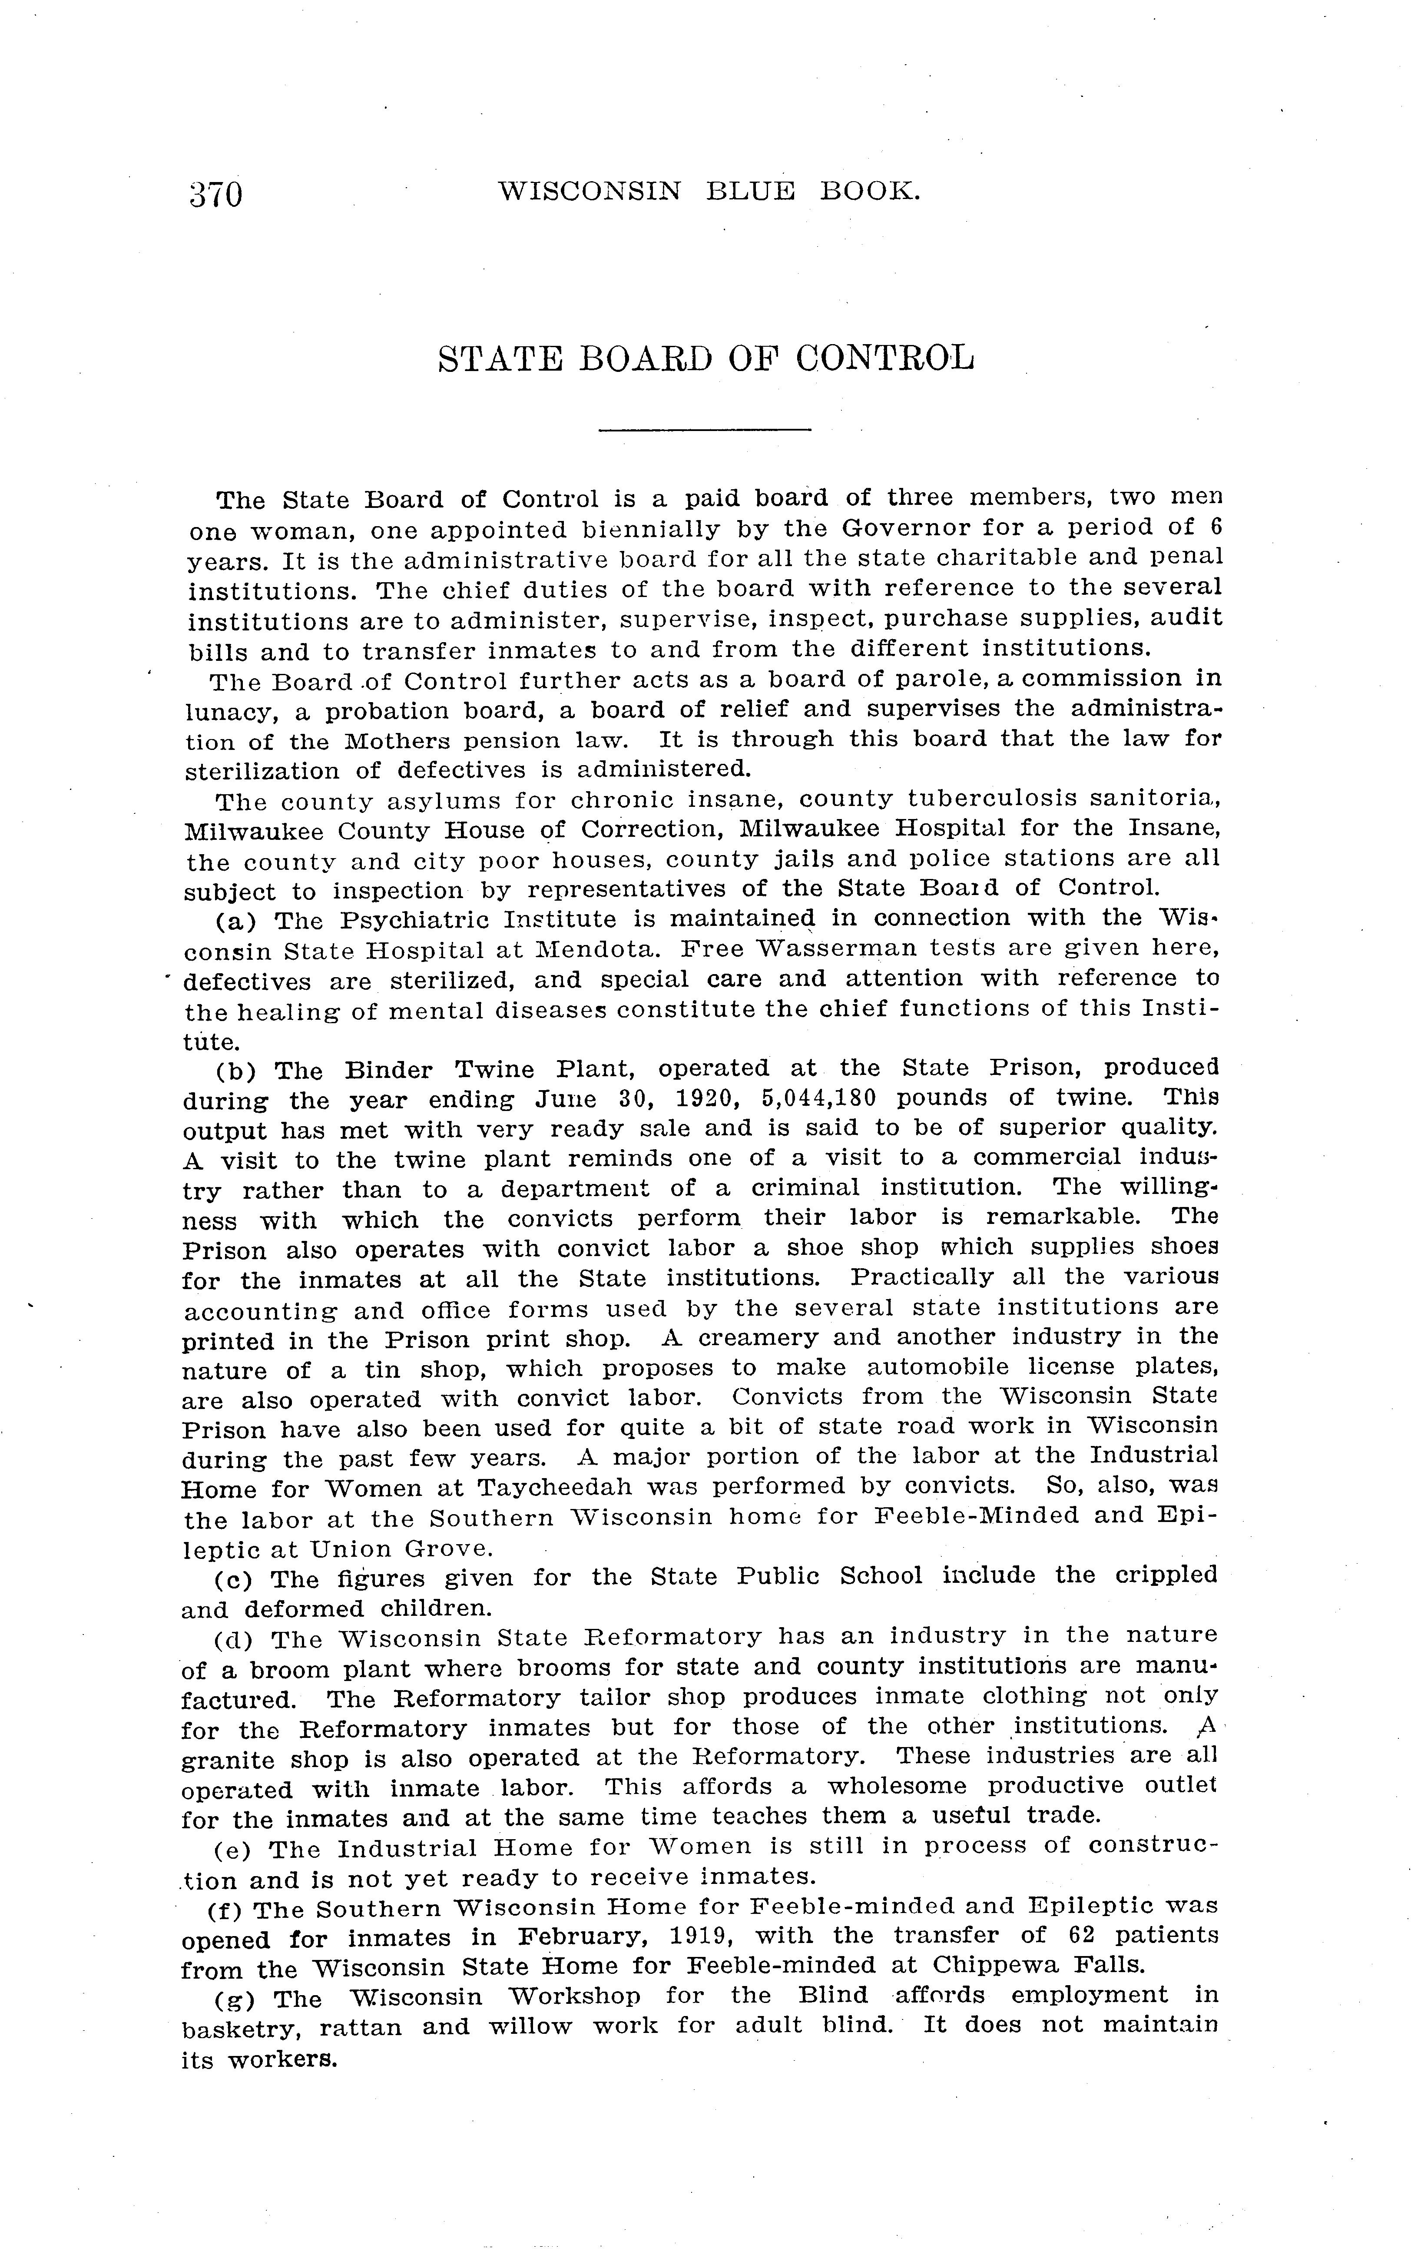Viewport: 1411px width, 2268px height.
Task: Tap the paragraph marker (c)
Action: [x=234, y=1579]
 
